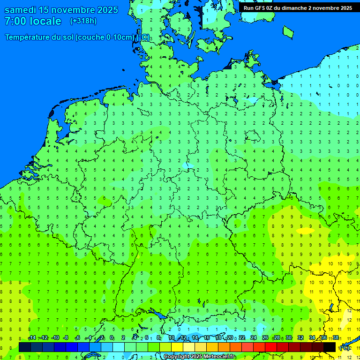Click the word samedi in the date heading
(21, 10)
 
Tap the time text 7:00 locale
(33, 21)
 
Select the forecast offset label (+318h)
(83, 21)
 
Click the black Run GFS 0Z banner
(298, 8)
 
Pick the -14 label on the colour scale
(32, 338)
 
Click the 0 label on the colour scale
(112, 338)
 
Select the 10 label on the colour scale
(172, 338)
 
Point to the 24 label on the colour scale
(254, 338)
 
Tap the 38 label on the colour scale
(336, 338)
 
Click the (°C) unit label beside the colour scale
(344, 347)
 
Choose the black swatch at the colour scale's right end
(330, 347)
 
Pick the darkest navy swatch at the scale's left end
(25, 347)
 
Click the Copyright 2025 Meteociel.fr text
(199, 357)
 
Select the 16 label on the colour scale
(207, 338)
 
